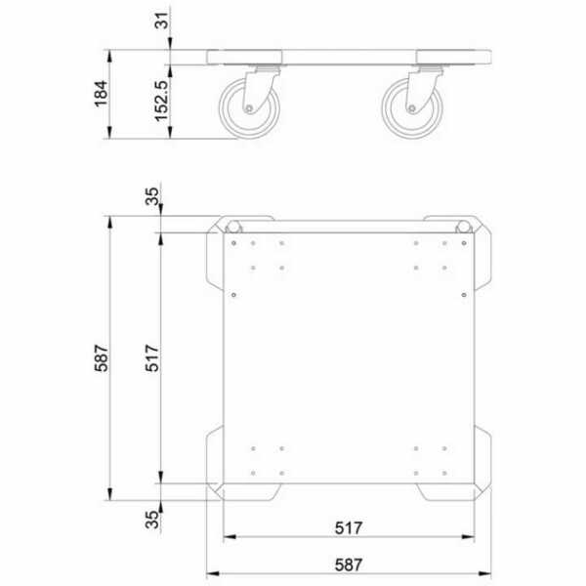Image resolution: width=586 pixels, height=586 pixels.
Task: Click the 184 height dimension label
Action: (x=101, y=94)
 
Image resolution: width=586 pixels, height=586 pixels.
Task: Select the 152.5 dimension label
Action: (x=161, y=101)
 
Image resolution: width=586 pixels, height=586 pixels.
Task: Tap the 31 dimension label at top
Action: (x=162, y=21)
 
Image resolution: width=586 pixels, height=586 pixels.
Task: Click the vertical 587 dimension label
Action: (x=101, y=358)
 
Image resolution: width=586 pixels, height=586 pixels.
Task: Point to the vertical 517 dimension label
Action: (x=152, y=358)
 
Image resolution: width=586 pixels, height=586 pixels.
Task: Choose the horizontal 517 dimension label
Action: (x=349, y=528)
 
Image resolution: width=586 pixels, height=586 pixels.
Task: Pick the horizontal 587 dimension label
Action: (x=349, y=565)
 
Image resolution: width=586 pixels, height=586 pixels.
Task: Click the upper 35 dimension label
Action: (x=152, y=196)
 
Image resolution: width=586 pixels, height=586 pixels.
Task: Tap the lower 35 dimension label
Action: (x=152, y=520)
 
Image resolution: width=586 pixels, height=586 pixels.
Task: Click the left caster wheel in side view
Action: (x=250, y=108)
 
